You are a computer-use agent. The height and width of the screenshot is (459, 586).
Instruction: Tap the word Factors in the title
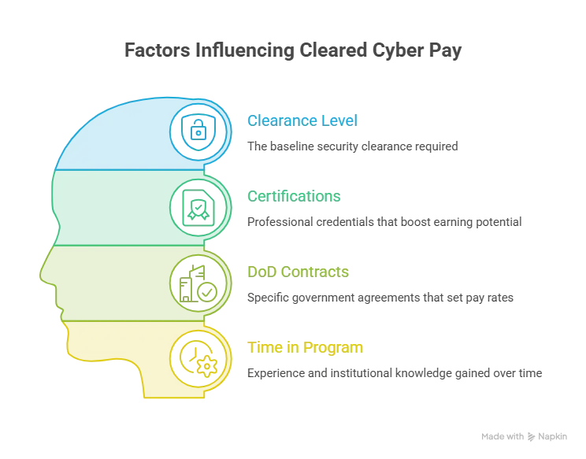point(158,50)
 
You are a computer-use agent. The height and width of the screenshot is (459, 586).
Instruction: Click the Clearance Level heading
point(302,120)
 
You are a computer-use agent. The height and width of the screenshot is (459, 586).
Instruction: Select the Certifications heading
point(294,196)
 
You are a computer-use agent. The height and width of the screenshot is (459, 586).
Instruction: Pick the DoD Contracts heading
point(298,272)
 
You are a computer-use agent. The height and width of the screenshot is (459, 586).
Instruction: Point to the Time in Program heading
point(306,347)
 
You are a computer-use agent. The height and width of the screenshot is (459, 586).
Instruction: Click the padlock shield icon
point(198,131)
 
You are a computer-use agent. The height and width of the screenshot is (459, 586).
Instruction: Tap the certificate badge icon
point(198,208)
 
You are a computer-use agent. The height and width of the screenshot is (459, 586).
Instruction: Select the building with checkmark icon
point(198,283)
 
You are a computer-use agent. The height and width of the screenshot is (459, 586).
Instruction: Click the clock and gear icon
point(198,359)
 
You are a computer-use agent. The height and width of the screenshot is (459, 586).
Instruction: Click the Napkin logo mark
point(531,437)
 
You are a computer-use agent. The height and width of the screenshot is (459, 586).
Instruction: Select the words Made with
point(503,437)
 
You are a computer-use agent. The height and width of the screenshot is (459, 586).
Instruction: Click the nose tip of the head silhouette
point(40,277)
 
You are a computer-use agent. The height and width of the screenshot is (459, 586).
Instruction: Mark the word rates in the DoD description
point(500,298)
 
